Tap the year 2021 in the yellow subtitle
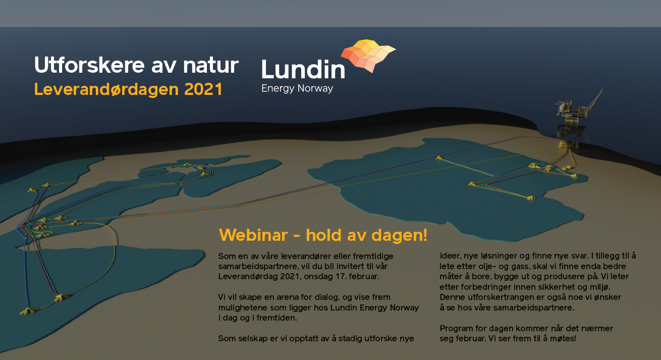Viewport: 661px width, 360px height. coord(203,89)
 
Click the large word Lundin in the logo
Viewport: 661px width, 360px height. coord(303,69)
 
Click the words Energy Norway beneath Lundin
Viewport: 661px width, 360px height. coord(297,88)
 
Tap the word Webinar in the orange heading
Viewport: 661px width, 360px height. coord(253,235)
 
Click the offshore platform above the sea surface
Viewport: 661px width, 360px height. coord(573,112)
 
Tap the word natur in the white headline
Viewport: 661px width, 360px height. coord(211,66)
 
